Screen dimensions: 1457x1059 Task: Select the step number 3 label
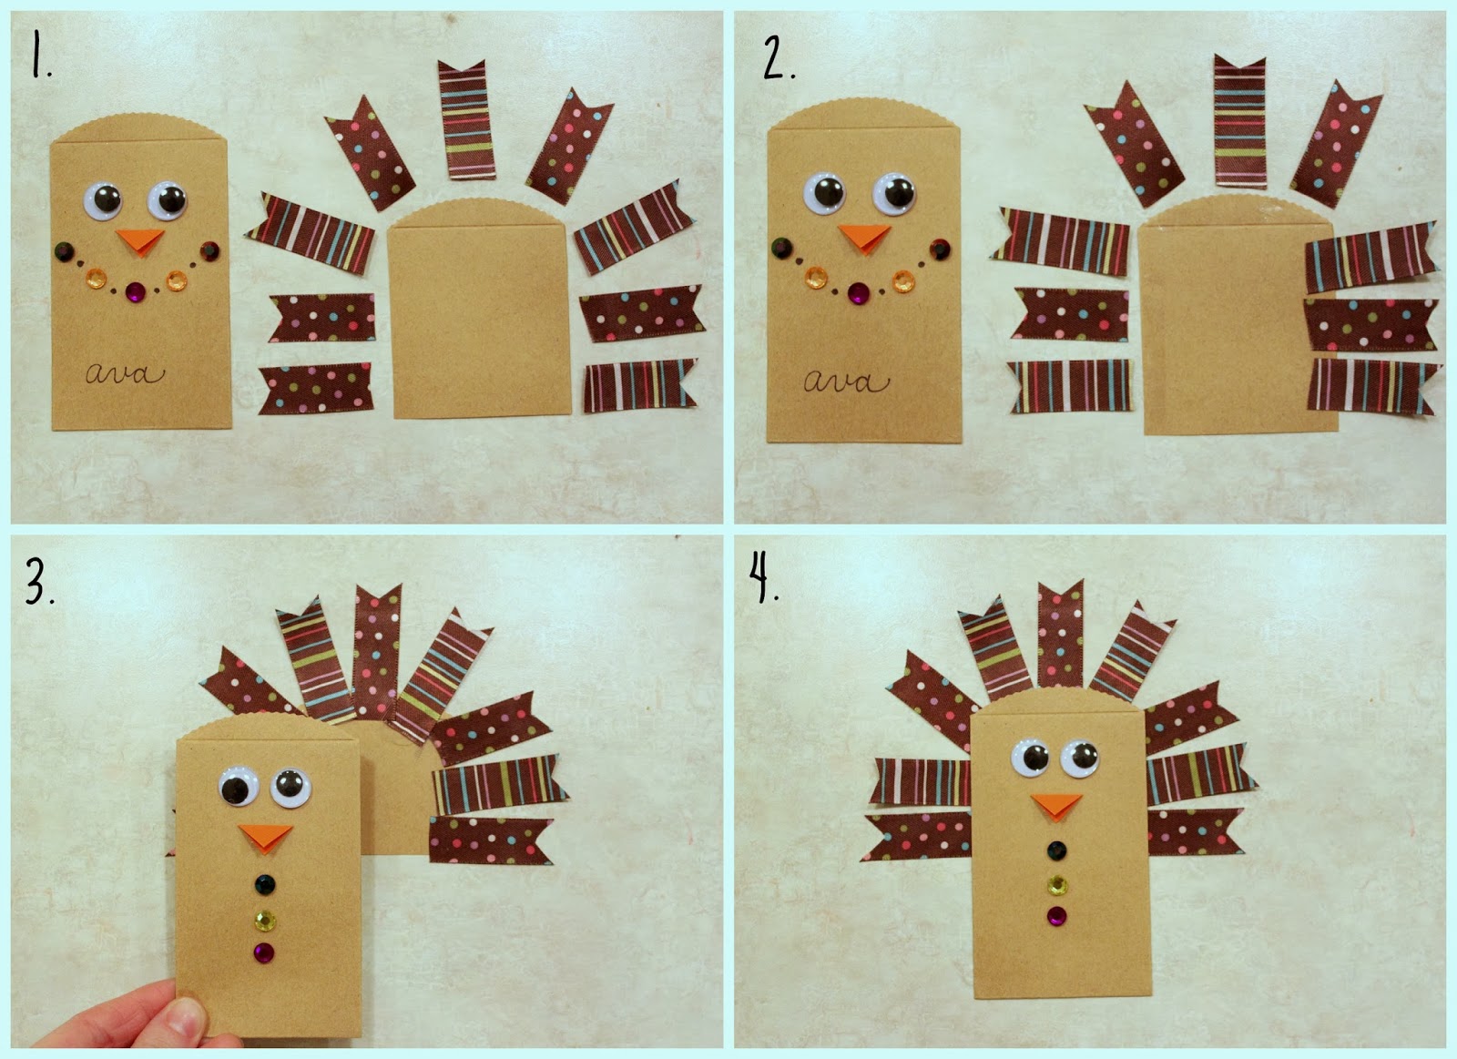(x=40, y=582)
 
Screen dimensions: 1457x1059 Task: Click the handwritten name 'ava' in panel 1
(x=125, y=373)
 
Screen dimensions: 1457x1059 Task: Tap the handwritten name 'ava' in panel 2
(x=846, y=382)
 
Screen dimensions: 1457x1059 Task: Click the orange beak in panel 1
(x=141, y=240)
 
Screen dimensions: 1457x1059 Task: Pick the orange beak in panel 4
(x=1056, y=806)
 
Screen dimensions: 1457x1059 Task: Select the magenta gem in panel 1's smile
(x=137, y=291)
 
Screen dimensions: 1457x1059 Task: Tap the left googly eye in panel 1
(x=105, y=199)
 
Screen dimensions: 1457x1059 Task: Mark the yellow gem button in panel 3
(x=265, y=920)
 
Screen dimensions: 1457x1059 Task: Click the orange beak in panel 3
(x=265, y=837)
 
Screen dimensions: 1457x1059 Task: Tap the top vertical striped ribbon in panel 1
(x=465, y=119)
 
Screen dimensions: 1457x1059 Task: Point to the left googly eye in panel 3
(x=238, y=787)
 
